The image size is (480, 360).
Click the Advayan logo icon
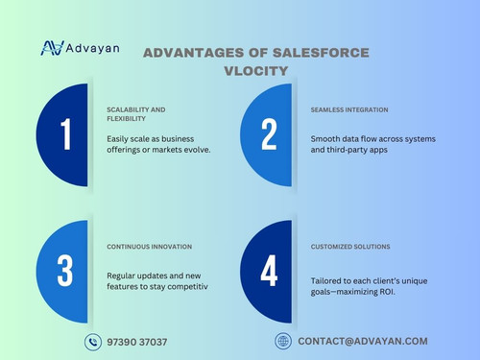(x=53, y=49)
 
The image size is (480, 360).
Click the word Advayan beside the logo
(x=94, y=49)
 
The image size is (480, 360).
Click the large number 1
(x=65, y=135)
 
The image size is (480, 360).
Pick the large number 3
(x=65, y=270)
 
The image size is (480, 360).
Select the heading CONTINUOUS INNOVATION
(x=149, y=247)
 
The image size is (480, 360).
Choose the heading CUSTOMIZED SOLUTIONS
(x=352, y=247)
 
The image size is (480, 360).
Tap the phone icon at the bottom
(x=93, y=341)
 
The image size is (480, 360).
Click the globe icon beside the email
(x=282, y=341)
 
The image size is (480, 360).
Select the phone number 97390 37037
(x=139, y=342)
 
